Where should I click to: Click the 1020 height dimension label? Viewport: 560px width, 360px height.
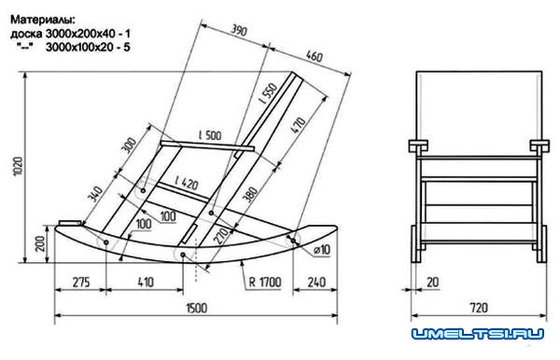click(18, 166)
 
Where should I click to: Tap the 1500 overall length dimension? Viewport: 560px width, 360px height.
click(196, 308)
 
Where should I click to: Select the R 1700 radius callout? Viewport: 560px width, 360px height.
click(265, 283)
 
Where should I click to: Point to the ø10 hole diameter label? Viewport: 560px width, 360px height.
click(322, 249)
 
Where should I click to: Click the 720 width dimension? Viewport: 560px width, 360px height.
click(479, 308)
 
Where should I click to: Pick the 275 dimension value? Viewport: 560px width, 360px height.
click(81, 282)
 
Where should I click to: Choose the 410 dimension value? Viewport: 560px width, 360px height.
click(146, 282)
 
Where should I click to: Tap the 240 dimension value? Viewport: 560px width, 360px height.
click(316, 283)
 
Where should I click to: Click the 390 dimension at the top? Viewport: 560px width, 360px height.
click(239, 30)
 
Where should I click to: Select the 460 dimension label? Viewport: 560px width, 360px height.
click(315, 56)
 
